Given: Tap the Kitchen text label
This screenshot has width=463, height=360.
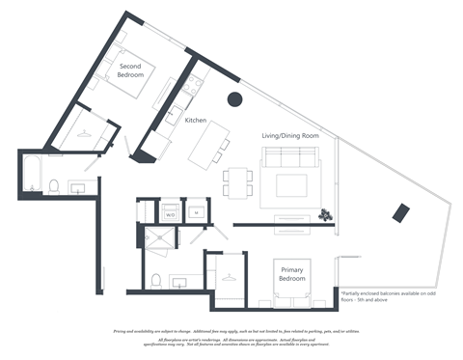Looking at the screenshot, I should pyautogui.click(x=197, y=121).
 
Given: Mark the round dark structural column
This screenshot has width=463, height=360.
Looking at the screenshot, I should pyautogui.click(x=233, y=98).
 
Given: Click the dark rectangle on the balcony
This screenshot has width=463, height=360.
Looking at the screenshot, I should pyautogui.click(x=400, y=213).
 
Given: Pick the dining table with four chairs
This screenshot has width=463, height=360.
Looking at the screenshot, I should pyautogui.click(x=237, y=180).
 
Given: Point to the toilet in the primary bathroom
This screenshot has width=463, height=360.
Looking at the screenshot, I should pyautogui.click(x=155, y=281).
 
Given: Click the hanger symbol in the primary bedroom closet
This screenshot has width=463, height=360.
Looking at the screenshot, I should pyautogui.click(x=228, y=276).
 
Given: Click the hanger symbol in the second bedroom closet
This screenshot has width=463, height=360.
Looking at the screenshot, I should pyautogui.click(x=85, y=135).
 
